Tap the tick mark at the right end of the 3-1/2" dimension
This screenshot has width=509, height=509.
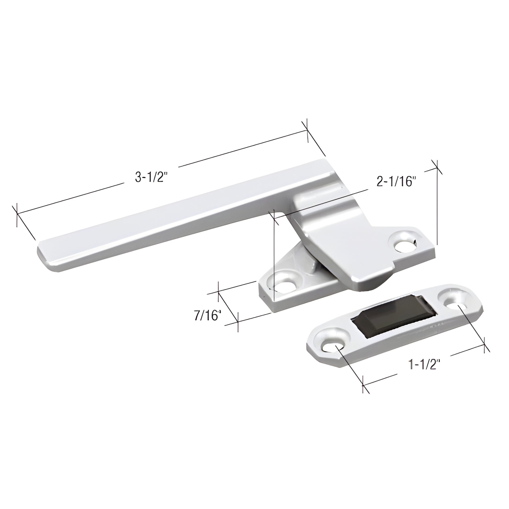click(307, 131)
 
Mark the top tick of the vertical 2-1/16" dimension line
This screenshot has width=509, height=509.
click(437, 167)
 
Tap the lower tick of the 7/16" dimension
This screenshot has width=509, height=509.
click(238, 322)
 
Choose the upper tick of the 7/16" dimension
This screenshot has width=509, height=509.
click(218, 292)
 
